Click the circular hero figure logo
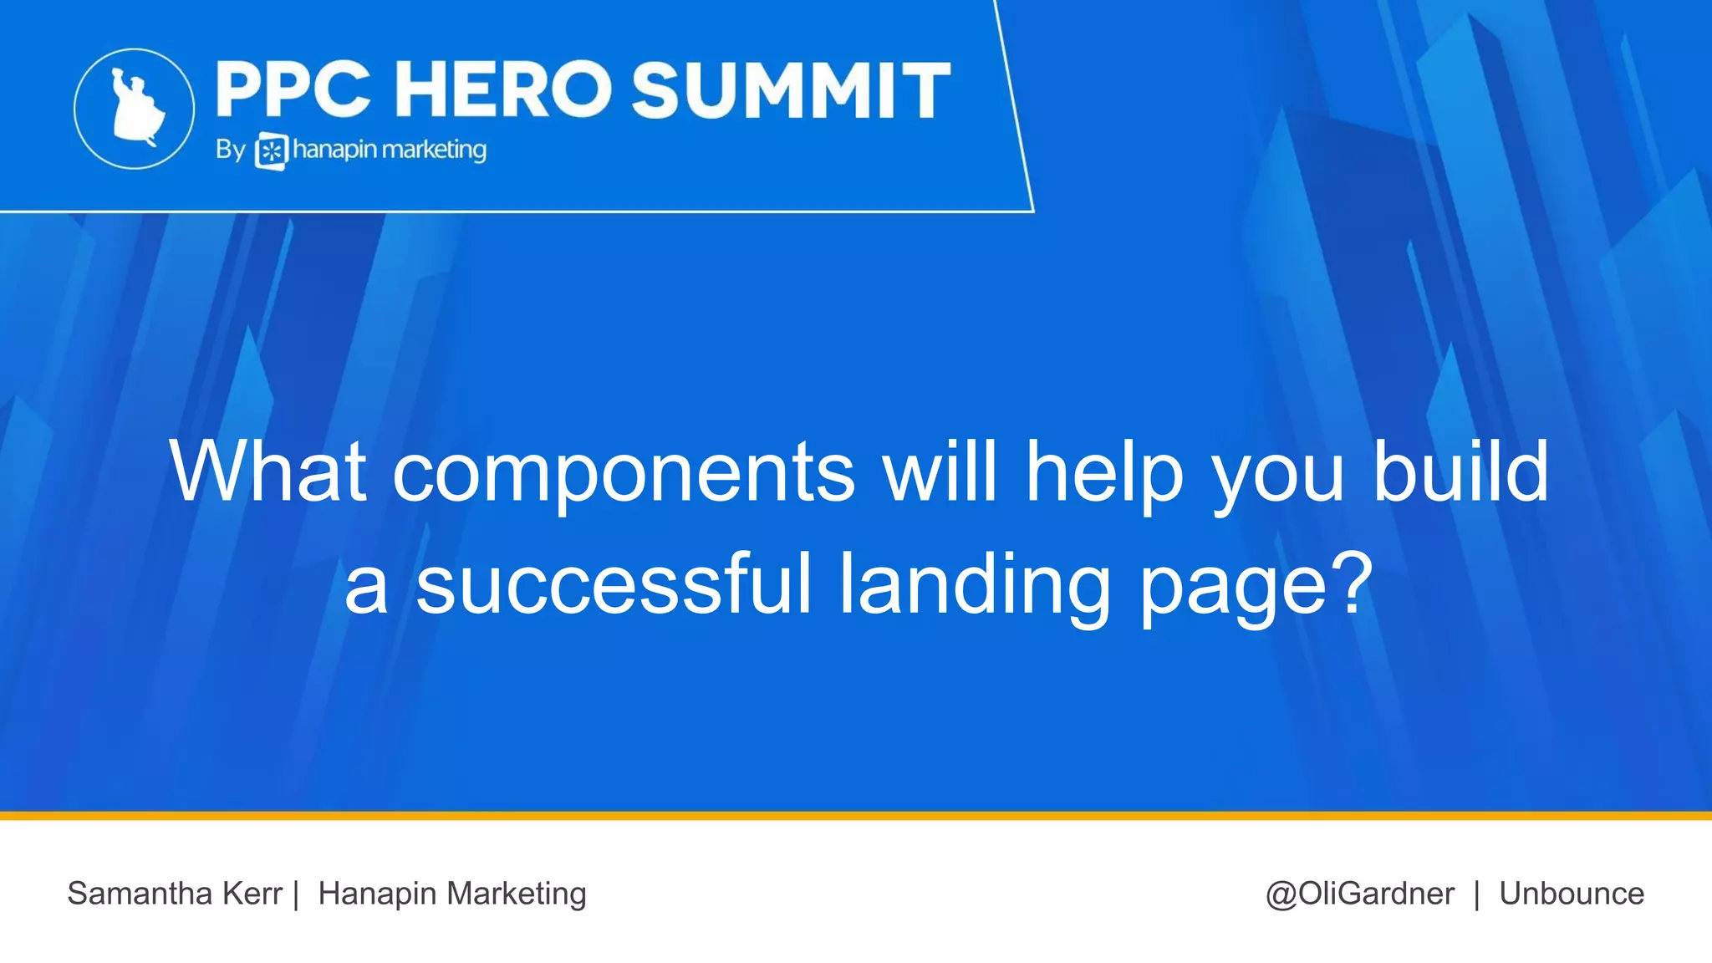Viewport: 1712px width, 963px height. (134, 109)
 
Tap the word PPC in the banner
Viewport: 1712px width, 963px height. (293, 89)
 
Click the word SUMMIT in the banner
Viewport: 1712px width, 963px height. (791, 89)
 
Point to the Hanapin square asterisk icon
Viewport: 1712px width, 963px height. (271, 151)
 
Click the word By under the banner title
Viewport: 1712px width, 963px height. (230, 150)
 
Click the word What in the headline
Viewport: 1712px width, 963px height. (267, 471)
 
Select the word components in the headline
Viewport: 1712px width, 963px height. (624, 473)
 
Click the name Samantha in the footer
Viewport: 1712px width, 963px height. (140, 894)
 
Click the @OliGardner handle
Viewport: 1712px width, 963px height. (1360, 894)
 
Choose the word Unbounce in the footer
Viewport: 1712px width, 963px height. (1572, 894)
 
